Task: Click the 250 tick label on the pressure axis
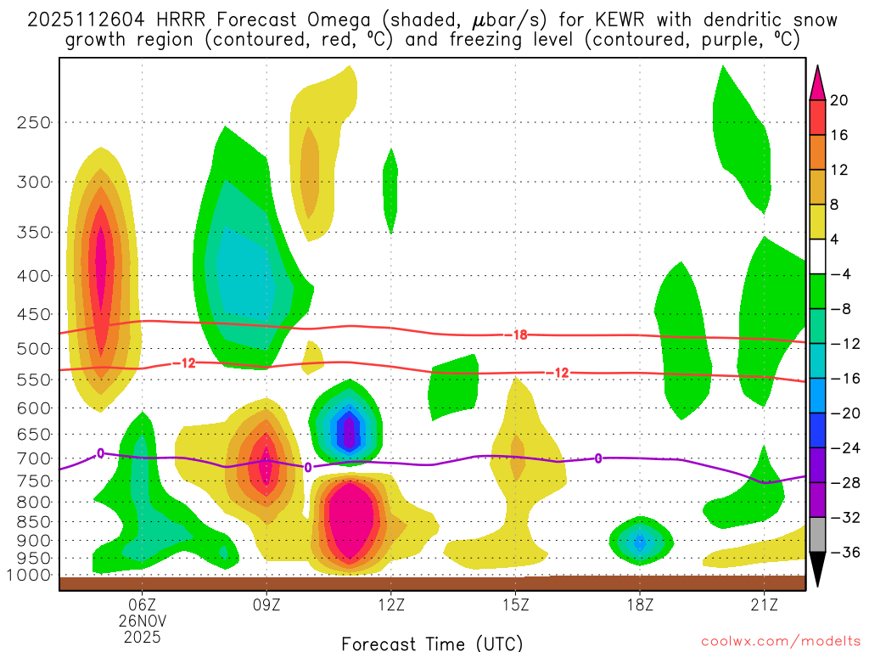(34, 122)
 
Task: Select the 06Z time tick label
(142, 605)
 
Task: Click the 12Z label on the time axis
(390, 605)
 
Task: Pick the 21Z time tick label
(765, 605)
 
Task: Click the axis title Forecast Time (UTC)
(432, 643)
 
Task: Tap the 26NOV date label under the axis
(142, 621)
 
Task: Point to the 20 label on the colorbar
(839, 100)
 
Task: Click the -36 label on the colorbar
(843, 553)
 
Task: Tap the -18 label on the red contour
(516, 335)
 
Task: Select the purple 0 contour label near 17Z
(598, 458)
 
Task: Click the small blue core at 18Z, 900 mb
(641, 540)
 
